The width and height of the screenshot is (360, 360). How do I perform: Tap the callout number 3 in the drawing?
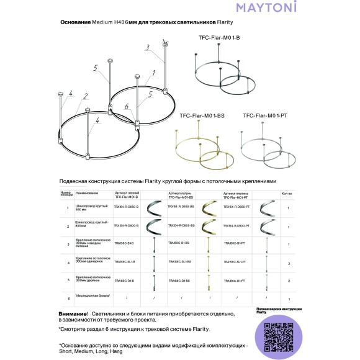[147, 47]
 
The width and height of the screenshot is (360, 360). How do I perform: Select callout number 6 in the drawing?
[126, 107]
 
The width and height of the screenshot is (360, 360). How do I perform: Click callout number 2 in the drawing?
[85, 96]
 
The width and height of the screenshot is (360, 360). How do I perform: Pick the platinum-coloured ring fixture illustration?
[267, 149]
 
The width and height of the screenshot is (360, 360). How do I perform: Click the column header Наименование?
[88, 193]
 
